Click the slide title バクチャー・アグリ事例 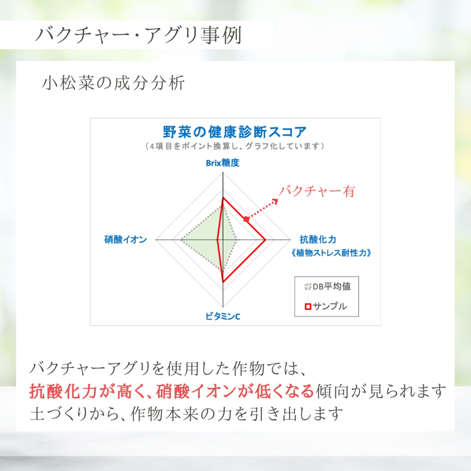138,35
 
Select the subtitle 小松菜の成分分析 113,83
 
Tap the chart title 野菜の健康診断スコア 235,132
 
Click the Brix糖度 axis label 222,163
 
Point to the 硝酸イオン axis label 125,240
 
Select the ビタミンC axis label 223,316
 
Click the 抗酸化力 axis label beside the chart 318,240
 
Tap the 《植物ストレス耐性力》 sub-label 331,253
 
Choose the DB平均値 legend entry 328,286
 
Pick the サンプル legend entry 326,306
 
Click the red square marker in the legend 308,307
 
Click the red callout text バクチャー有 317,191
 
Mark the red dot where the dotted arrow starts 247,219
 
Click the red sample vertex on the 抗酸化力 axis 265,240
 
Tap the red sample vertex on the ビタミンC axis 223,282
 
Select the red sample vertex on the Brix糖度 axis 223,198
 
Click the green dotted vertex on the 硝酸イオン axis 181,240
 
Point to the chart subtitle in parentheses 235,146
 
